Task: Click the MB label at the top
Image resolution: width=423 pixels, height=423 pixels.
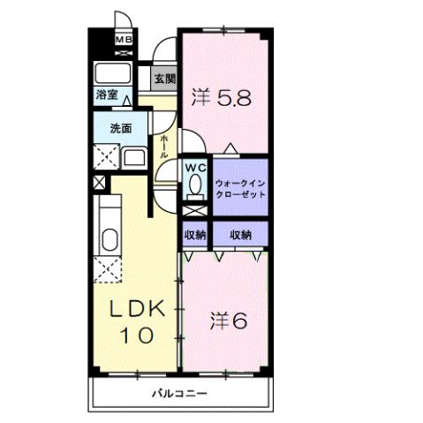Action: [x=125, y=41]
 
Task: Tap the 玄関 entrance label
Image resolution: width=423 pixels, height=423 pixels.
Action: [x=164, y=79]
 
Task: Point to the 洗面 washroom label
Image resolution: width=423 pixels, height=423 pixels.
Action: [x=121, y=128]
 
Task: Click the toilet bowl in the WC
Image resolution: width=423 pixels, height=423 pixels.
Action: [x=194, y=186]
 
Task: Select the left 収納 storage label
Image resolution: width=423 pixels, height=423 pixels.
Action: [x=194, y=235]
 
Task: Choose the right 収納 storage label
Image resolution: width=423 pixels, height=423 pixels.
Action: [x=240, y=235]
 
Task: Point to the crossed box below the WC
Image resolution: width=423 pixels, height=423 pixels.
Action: [x=194, y=213]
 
